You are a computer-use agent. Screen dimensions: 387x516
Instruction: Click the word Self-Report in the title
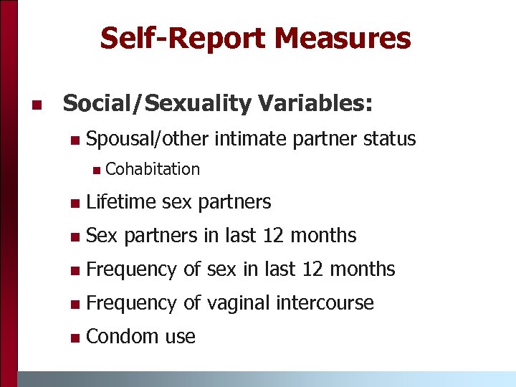tap(184, 38)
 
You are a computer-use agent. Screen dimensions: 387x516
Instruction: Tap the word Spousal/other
tap(146, 138)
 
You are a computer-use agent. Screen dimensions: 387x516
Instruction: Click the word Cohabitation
tap(152, 169)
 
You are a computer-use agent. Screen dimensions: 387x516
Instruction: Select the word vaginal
tap(238, 303)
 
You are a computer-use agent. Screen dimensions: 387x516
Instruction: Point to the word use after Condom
tap(180, 337)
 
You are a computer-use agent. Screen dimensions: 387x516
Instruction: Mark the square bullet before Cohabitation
tap(96, 170)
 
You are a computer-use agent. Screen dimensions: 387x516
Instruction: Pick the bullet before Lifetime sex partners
tap(76, 204)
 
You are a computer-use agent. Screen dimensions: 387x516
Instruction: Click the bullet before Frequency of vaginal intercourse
tap(76, 304)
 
